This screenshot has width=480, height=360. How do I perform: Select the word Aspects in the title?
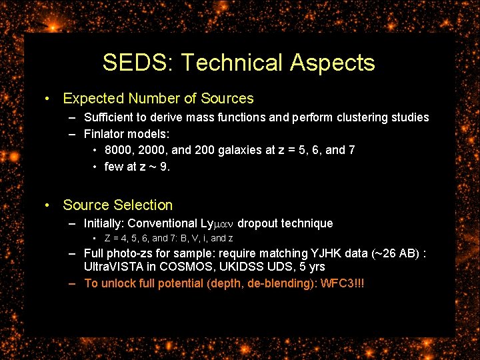coord(333,63)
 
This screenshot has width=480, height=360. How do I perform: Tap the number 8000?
coord(118,150)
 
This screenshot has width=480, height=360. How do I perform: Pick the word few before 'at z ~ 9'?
coord(114,167)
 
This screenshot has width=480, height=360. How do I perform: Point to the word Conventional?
coord(164,223)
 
